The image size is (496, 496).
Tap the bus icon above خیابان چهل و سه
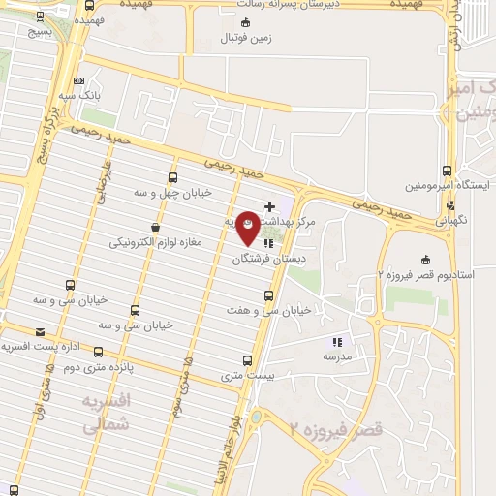click(172, 177)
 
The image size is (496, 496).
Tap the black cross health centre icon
click(270, 206)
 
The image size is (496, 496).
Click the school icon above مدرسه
click(337, 342)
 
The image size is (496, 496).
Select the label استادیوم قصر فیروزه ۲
click(427, 275)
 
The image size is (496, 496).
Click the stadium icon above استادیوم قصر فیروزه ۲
click(425, 259)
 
